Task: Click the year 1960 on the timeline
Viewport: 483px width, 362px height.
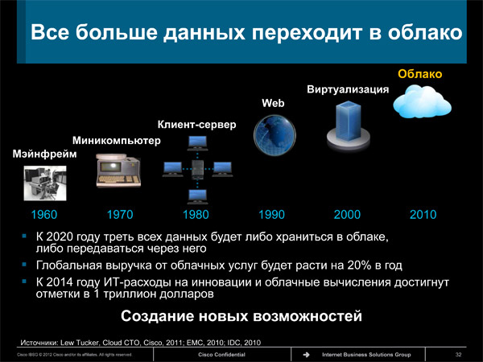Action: (44, 215)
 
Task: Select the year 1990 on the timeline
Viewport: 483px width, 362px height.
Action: (271, 215)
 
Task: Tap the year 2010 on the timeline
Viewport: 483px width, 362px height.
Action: (423, 215)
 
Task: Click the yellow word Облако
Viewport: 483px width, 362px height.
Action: (420, 74)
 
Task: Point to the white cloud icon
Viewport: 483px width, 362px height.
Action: (422, 101)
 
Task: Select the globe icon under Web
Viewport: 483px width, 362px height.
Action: (275, 135)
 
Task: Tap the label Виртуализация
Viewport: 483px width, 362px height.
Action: (348, 89)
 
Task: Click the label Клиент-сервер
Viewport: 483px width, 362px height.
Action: (197, 125)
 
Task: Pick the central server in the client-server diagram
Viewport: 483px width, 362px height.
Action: (197, 169)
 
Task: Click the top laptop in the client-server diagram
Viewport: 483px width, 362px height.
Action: (197, 143)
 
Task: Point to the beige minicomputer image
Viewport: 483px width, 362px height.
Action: (118, 171)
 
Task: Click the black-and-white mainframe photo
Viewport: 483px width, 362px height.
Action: (45, 183)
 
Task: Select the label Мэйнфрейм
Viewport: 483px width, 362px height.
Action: (44, 154)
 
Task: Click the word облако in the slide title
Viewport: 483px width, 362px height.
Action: (425, 32)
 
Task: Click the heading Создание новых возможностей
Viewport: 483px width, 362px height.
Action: (242, 316)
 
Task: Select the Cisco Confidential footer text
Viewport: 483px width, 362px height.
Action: (222, 355)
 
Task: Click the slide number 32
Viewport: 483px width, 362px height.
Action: (458, 355)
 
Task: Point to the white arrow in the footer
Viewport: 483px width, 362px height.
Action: (306, 355)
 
